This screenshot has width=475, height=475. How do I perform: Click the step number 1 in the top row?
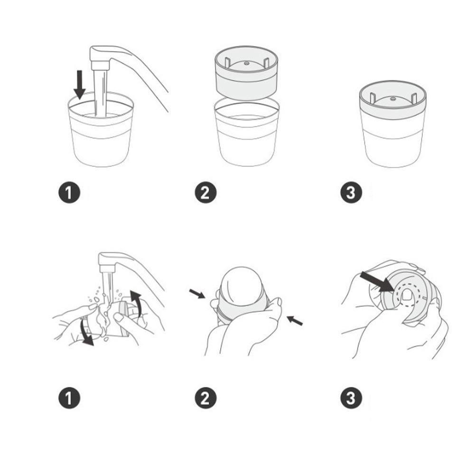[x=69, y=192]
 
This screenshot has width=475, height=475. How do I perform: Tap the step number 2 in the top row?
[x=205, y=192]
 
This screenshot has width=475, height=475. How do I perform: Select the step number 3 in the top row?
[x=351, y=192]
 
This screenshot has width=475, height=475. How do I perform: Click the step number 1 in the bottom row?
[x=69, y=398]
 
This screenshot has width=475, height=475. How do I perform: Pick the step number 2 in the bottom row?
[x=205, y=398]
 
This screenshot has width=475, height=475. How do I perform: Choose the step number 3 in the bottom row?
[x=351, y=398]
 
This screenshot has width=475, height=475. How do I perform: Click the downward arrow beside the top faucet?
[x=80, y=85]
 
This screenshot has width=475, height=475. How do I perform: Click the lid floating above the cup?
[x=246, y=73]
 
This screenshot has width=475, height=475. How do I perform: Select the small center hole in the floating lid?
[x=246, y=63]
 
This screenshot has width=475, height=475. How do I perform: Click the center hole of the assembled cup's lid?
[x=393, y=99]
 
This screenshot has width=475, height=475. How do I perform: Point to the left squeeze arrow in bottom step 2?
[x=197, y=294]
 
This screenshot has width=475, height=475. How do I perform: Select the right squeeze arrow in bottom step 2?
[x=295, y=320]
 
